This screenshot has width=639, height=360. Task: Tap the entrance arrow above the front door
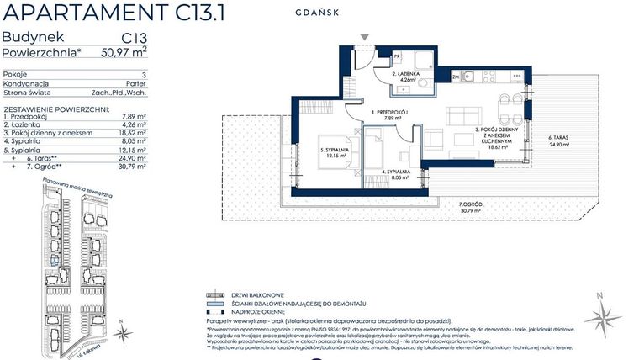click(x=363, y=39)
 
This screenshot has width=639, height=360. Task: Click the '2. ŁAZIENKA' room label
click(x=407, y=75)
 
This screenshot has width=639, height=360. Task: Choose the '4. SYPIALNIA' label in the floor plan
click(x=394, y=172)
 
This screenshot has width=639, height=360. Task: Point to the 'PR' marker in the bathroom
click(x=396, y=56)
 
